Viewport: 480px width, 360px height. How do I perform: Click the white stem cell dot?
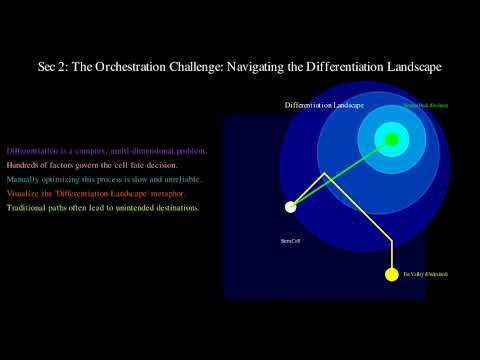[291, 207]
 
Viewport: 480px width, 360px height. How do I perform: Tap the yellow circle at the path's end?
[392, 274]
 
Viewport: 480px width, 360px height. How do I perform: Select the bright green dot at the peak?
[392, 139]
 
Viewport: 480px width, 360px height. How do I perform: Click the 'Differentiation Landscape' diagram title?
[324, 105]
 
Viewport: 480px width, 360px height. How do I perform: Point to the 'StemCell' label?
[292, 240]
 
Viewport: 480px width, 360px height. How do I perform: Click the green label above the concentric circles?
[425, 105]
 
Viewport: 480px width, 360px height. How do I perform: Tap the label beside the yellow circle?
[425, 274]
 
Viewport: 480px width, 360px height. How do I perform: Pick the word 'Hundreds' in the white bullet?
[24, 165]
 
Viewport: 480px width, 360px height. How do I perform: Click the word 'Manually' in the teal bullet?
[25, 179]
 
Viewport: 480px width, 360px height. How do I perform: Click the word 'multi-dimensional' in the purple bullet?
[128, 151]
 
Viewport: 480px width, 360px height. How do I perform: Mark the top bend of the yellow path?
[324, 176]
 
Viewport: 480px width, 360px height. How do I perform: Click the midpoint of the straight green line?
[341, 173]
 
